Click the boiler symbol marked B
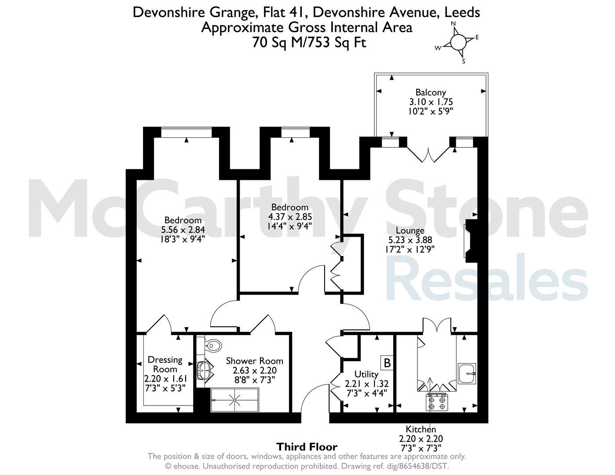[387, 362]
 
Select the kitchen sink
[467, 373]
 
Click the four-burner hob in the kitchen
[437, 403]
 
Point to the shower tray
[234, 400]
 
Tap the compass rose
[458, 42]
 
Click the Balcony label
[431, 92]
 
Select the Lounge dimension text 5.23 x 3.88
[410, 240]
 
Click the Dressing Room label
[165, 364]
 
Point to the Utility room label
[366, 374]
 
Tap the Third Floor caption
[307, 447]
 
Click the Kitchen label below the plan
[421, 429]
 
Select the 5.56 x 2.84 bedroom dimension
[183, 230]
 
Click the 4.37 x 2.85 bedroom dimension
[290, 217]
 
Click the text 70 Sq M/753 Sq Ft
[309, 43]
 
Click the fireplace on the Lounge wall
[471, 241]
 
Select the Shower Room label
[254, 361]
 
